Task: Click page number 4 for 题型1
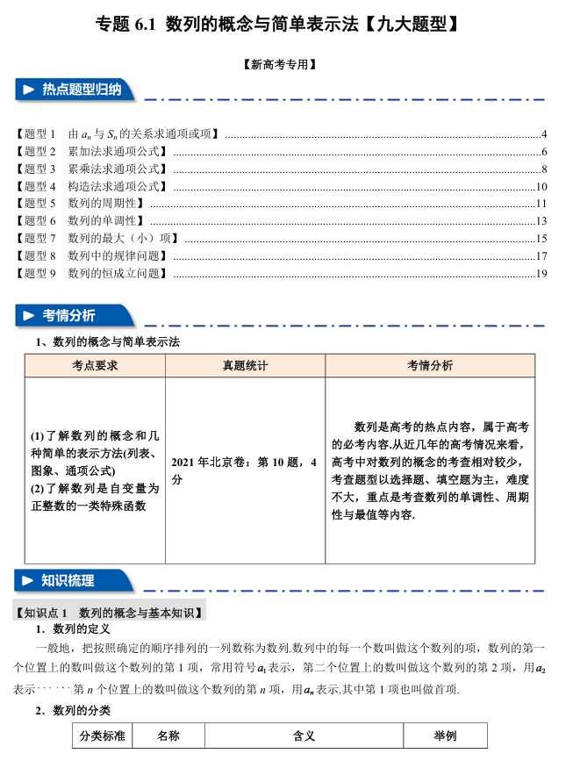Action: coord(544,134)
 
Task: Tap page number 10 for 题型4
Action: coord(541,187)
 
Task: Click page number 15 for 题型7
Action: coord(541,239)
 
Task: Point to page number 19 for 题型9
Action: coord(541,274)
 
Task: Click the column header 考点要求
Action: coord(95,366)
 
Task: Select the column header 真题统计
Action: coord(245,366)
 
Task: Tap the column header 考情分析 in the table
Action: coord(429,366)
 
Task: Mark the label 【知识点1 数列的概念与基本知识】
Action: coord(111,612)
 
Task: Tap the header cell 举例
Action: coord(445,736)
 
